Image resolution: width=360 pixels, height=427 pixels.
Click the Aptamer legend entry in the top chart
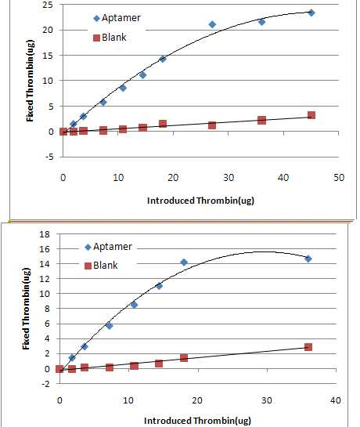(117, 18)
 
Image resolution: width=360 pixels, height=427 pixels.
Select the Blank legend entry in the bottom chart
(101, 266)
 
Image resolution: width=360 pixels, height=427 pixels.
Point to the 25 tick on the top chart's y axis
(48, 5)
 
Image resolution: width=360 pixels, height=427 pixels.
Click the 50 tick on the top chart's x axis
(339, 178)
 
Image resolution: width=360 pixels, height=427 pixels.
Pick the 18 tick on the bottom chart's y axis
(45, 234)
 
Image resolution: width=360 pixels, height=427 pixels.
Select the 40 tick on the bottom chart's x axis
(336, 400)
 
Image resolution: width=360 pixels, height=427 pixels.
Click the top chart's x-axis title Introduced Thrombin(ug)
(200, 201)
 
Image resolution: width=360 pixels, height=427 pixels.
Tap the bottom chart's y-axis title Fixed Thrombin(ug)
(26, 309)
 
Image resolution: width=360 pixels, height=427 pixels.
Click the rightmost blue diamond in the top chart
(311, 13)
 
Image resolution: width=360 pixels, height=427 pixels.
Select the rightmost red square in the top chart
(311, 115)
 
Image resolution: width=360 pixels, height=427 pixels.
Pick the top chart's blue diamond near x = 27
(212, 24)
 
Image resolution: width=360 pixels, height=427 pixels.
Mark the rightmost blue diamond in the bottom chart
(308, 259)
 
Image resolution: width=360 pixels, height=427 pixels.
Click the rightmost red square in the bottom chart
(308, 347)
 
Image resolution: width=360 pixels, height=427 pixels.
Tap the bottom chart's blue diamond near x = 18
(184, 262)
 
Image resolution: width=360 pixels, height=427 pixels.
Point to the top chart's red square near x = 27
(212, 125)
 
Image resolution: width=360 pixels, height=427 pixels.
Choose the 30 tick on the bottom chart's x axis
(267, 400)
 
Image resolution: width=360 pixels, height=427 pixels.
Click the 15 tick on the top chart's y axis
(48, 56)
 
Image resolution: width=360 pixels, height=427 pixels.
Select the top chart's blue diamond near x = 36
(261, 22)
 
